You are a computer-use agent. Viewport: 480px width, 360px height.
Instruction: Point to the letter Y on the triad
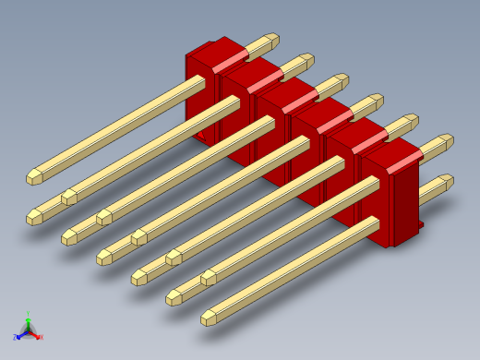pyautogui.click(x=29, y=313)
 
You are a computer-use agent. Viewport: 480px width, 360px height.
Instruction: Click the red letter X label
pyautogui.click(x=42, y=337)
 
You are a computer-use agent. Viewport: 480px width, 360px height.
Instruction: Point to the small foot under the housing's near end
pyautogui.click(x=420, y=223)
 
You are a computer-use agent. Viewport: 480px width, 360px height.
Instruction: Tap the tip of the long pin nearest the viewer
pyautogui.click(x=209, y=318)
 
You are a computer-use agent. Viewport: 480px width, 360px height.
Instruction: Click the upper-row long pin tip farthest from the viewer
pyautogui.click(x=33, y=174)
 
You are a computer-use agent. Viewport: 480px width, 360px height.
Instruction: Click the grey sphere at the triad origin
pyautogui.click(x=29, y=330)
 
